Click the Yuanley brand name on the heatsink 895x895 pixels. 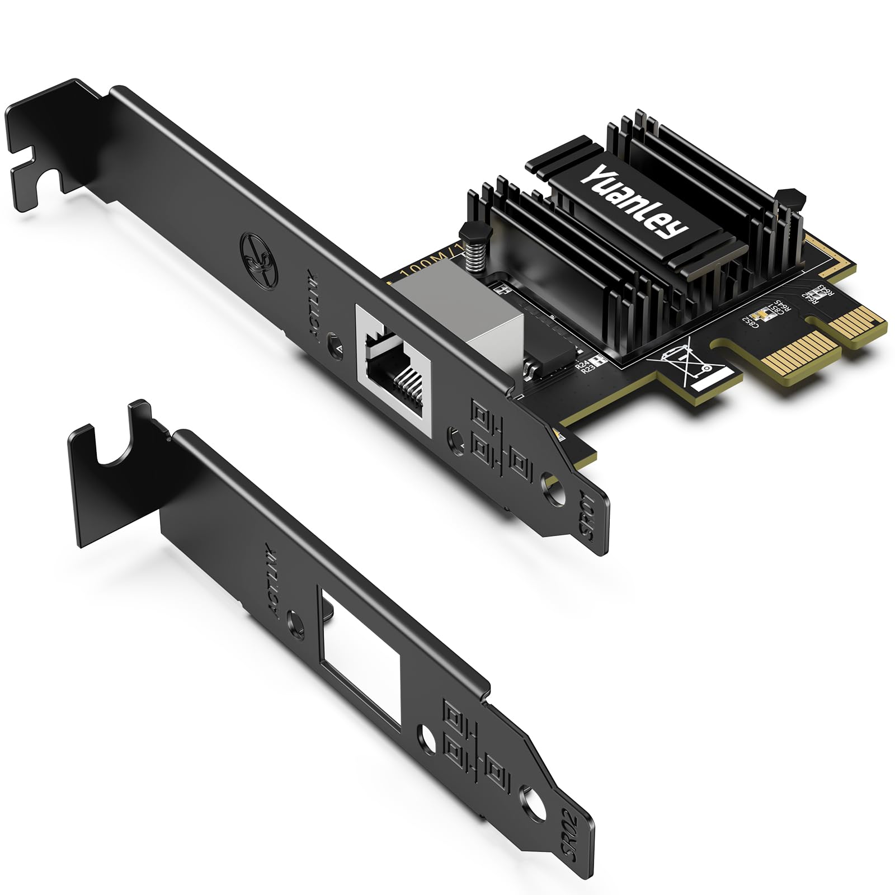[635, 201]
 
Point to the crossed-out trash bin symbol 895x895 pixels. [689, 366]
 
